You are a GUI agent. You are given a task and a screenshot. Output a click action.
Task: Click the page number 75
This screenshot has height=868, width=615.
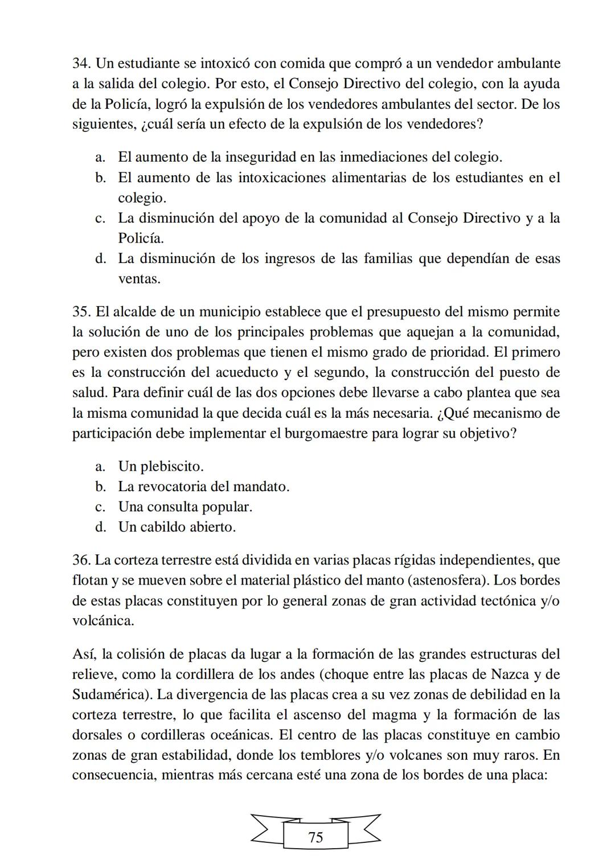coord(315,837)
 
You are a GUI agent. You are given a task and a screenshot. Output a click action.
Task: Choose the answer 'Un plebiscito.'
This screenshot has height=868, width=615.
coord(161,467)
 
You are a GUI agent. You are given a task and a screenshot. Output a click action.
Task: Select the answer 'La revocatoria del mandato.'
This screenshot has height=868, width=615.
coord(203,487)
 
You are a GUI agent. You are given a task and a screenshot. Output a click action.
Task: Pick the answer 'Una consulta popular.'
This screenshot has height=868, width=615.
coord(185,507)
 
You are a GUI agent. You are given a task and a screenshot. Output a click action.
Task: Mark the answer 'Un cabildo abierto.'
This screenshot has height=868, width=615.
coord(177,527)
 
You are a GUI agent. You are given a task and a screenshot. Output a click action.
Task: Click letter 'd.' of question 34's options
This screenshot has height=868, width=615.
coord(101,259)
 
